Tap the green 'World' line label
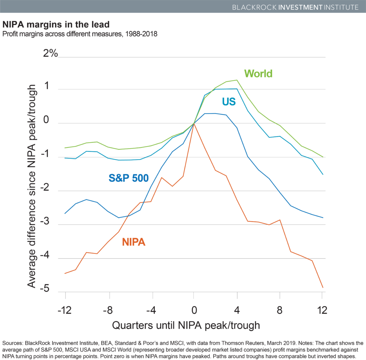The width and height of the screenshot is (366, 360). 258,74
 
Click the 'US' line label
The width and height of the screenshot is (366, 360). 229,102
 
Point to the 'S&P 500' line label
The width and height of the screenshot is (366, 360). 128,177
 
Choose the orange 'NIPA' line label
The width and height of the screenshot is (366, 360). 134,242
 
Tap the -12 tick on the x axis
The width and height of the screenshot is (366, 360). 65,310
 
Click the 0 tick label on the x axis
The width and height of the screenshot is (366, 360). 193,310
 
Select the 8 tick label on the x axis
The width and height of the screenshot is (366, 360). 280,310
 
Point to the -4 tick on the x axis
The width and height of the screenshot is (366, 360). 150,310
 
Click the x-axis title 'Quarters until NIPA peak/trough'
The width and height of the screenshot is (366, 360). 186,325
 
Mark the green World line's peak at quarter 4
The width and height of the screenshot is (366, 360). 236,80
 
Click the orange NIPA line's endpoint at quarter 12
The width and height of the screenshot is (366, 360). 322,287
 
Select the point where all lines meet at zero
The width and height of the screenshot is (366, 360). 194,123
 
